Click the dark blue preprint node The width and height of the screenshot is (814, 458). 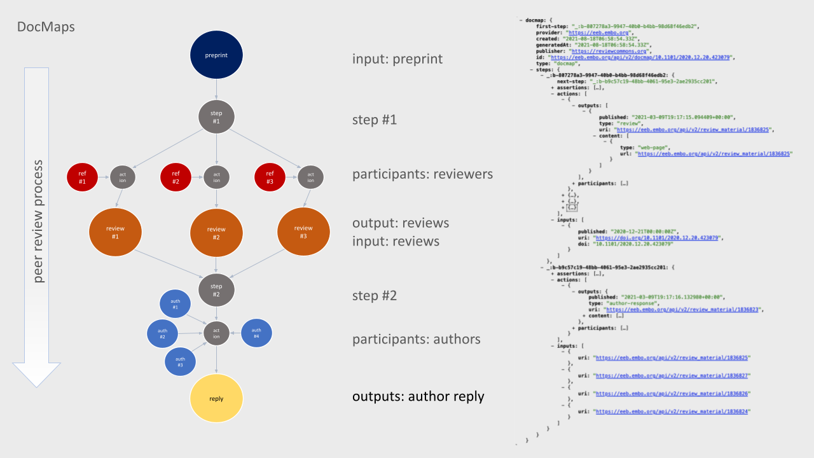(216, 55)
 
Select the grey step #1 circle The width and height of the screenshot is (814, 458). (216, 116)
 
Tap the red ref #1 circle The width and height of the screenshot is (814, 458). (82, 177)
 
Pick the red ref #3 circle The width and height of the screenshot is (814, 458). (270, 177)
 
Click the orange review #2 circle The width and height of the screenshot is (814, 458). (216, 233)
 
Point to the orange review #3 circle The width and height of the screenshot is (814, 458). (303, 232)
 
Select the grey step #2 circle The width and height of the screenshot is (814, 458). (216, 291)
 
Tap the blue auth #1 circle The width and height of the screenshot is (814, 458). (176, 304)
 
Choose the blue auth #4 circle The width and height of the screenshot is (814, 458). (256, 333)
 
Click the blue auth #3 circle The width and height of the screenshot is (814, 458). (180, 361)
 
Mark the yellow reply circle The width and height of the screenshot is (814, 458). (216, 398)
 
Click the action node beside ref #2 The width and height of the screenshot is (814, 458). (216, 177)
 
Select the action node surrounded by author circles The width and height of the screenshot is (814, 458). (216, 333)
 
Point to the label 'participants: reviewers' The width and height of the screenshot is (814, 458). (422, 174)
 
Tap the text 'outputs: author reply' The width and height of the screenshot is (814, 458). (418, 396)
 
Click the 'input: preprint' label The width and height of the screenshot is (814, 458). (397, 59)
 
